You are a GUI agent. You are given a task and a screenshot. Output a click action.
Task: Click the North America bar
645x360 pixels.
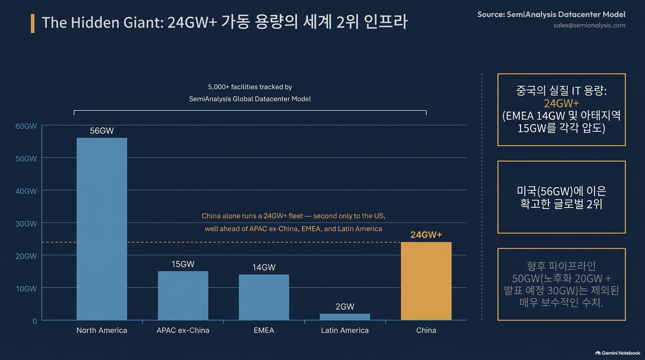(102, 229)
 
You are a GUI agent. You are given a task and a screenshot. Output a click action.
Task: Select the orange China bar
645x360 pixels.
(426, 281)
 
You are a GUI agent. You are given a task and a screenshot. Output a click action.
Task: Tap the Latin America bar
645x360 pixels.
(345, 317)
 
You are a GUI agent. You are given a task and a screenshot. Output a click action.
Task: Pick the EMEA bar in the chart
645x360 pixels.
(264, 297)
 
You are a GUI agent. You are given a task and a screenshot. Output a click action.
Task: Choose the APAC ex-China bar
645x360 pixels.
(183, 295)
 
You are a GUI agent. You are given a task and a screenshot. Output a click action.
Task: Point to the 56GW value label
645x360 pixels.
(102, 131)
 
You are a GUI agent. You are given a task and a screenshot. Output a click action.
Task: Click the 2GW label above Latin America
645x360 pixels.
(345, 307)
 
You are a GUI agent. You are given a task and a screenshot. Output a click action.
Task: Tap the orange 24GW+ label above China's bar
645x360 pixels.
(426, 235)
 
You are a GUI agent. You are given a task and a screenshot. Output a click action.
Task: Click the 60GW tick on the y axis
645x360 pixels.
(26, 126)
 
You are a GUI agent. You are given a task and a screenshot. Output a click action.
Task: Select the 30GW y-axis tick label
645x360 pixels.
(26, 224)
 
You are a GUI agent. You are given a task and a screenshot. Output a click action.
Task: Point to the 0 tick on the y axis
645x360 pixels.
(35, 321)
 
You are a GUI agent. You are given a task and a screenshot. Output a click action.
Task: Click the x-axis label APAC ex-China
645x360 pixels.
(183, 330)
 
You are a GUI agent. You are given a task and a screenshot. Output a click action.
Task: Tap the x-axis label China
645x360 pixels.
(426, 330)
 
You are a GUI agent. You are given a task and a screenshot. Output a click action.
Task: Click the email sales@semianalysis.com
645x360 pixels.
(589, 25)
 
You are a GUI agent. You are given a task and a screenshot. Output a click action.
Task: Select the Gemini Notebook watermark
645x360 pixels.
(618, 353)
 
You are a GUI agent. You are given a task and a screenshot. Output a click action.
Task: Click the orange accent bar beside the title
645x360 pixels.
(32, 23)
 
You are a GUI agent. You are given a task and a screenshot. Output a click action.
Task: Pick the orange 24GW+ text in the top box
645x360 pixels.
(561, 104)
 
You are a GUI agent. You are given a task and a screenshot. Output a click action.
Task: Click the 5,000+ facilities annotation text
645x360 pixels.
(250, 93)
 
